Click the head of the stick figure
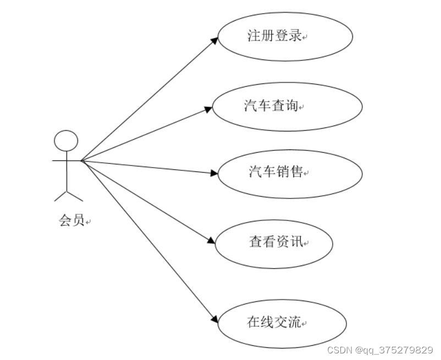coord(66,141)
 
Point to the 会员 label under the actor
coord(71,221)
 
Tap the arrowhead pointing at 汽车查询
coord(208,109)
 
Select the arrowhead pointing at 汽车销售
coord(215,173)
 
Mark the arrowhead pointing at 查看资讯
coord(211,241)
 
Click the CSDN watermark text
coord(339,350)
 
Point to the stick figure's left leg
coord(60,196)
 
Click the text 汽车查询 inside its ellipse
coord(271,106)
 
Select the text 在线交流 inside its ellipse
coord(274,323)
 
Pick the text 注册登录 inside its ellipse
coord(274,36)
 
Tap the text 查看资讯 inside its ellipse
coord(275,241)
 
